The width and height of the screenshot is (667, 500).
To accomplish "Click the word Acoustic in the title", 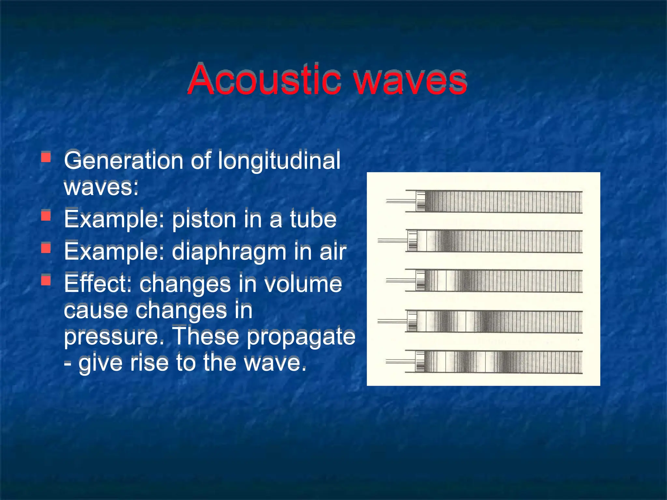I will click(x=264, y=80).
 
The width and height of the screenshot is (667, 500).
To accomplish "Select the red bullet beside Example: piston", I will click(x=46, y=216).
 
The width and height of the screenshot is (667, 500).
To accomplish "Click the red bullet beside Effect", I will click(x=46, y=280).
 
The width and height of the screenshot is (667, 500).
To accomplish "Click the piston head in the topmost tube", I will click(x=420, y=201).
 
